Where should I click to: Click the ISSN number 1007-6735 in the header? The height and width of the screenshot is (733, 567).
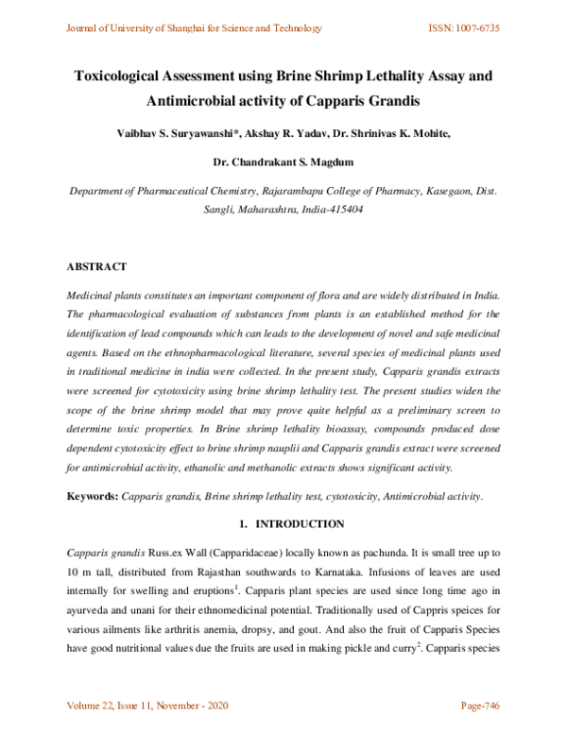[x=473, y=27]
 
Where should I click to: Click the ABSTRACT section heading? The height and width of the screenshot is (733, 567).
[x=96, y=267]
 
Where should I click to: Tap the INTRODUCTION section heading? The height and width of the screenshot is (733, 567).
[x=291, y=523]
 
